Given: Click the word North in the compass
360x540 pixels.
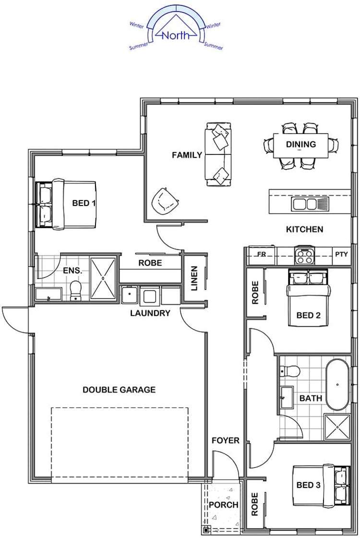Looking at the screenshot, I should pos(176,35).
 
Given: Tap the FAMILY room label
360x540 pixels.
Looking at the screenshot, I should pos(187,155).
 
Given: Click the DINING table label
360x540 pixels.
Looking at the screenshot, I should pos(301,144).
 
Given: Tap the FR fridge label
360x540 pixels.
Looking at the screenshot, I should pos(262,254).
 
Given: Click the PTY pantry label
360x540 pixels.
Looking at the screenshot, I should pos(342,254).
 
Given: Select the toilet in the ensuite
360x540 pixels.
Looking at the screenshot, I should pos(76,290).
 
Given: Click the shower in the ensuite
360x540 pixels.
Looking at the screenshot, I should pos(103,278).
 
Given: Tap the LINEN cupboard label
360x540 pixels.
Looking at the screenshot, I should pos(194,278).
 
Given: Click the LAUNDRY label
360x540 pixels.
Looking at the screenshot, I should pos(150,313).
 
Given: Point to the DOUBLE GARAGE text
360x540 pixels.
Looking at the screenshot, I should pos(119,389).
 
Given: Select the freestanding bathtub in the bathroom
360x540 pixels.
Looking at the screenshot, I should pos(338,384).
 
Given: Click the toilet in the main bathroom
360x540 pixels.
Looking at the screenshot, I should pos(289,371).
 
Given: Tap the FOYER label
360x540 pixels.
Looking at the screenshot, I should pos(225,440).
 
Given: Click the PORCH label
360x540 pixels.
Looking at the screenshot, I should pos(223,505).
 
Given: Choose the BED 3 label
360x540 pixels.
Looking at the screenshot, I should pos(308,485).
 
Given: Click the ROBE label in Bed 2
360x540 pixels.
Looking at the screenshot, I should pos(255,292).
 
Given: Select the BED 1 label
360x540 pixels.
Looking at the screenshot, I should pos(84,203).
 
